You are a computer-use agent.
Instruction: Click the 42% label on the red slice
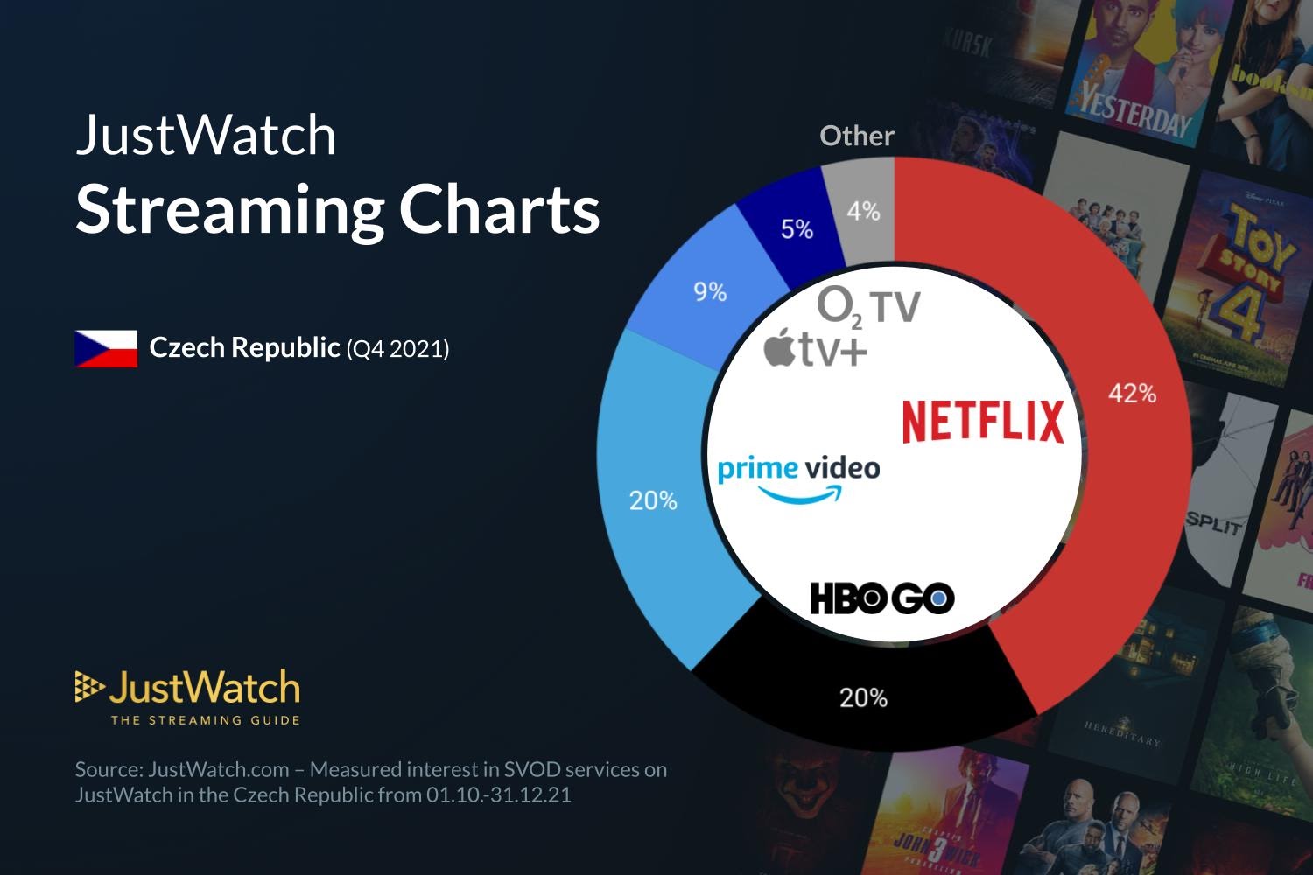point(1132,394)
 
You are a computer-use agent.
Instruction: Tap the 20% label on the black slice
point(863,697)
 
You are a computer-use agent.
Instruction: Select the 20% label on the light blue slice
point(653,500)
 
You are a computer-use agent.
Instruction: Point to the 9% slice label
point(710,292)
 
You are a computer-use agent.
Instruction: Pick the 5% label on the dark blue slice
point(797,229)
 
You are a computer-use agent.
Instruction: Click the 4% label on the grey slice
point(862,211)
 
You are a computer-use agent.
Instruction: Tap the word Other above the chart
point(856,136)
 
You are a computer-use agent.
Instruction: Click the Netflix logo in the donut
point(983,421)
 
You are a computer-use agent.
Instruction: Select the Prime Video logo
point(798,477)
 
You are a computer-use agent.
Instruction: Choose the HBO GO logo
point(881,598)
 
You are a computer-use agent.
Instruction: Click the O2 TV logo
point(868,307)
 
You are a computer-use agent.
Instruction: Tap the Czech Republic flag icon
point(106,348)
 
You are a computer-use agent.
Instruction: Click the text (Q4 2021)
point(397,349)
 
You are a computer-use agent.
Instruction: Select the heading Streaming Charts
point(338,210)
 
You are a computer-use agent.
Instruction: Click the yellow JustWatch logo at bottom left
point(187,689)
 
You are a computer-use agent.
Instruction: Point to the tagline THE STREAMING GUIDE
point(205,720)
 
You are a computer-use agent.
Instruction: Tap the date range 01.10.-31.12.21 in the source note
point(499,795)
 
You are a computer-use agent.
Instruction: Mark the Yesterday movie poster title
point(1134,111)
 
